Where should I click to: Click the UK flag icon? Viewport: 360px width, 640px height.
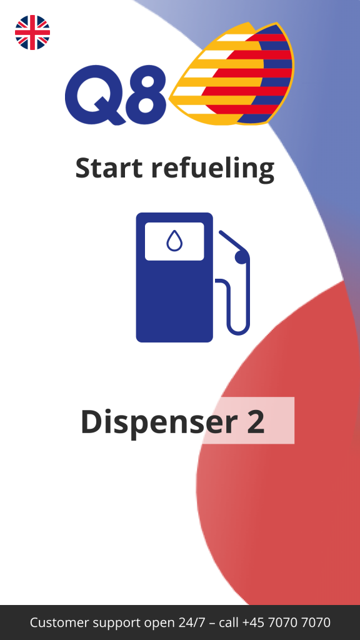click(x=32, y=32)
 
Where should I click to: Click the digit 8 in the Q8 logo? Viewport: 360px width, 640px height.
click(x=146, y=94)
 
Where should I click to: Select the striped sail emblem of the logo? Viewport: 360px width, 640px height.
click(x=232, y=74)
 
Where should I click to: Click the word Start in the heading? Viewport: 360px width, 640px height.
click(x=109, y=167)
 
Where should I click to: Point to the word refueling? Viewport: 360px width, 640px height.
click(x=212, y=169)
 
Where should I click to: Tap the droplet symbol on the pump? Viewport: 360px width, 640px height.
click(x=174, y=241)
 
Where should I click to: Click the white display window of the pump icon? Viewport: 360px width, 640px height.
click(x=174, y=241)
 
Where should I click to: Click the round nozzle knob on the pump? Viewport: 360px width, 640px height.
click(x=242, y=257)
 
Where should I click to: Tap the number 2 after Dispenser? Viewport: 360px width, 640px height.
click(x=256, y=422)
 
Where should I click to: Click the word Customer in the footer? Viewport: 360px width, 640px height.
click(x=59, y=623)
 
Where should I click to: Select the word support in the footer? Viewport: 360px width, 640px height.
click(x=117, y=624)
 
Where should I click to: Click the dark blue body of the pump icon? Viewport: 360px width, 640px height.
click(x=174, y=302)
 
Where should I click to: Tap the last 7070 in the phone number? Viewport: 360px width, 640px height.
click(x=315, y=623)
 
